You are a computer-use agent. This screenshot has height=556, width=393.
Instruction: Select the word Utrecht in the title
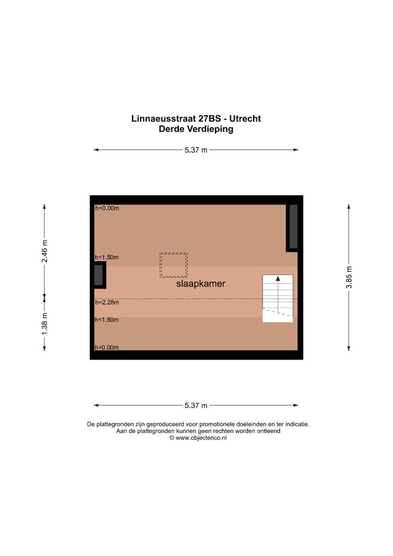[x=245, y=119]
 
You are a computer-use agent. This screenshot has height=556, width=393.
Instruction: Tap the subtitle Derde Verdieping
[x=196, y=129]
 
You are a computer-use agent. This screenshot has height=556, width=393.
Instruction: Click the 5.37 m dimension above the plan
[x=196, y=150]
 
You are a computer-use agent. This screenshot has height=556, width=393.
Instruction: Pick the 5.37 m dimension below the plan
[x=196, y=405]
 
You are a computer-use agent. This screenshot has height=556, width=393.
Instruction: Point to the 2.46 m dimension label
[x=45, y=251]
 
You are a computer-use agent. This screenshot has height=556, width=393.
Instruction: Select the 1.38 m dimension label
[x=45, y=323]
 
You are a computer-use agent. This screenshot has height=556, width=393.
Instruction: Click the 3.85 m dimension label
[x=349, y=277]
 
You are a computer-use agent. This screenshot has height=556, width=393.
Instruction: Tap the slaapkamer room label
[x=200, y=284]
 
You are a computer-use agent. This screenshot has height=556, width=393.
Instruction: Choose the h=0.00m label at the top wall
[x=106, y=208]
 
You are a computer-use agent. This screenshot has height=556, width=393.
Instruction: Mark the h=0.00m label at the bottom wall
[x=106, y=347]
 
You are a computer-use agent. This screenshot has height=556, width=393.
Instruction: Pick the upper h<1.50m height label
[x=106, y=257]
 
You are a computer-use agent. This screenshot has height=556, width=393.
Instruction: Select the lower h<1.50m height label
[x=106, y=320]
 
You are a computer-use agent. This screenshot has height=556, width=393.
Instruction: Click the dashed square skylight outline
[x=174, y=265]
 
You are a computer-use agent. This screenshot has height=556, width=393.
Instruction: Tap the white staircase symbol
[x=278, y=298]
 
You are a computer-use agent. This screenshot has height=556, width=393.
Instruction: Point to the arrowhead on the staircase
[x=278, y=279]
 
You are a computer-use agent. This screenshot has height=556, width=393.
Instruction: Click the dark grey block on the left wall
[x=99, y=275]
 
